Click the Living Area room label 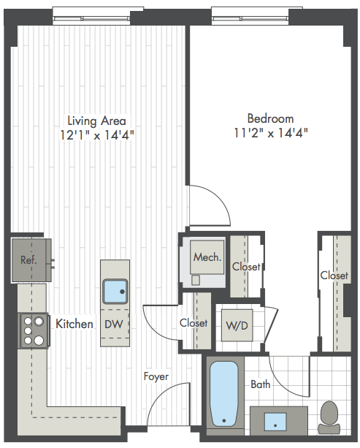tap(97, 121)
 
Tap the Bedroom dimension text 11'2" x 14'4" tap(271, 133)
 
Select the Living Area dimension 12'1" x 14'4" tap(97, 134)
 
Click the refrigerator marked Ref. tap(31, 260)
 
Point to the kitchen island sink tap(115, 292)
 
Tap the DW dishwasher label tap(114, 324)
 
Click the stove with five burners tap(34, 330)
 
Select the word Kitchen tap(74, 324)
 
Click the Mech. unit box tap(207, 257)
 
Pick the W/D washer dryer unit tap(237, 325)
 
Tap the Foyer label tap(156, 376)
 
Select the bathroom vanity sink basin tap(275, 422)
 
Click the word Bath tap(261, 384)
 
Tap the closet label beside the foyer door tap(194, 323)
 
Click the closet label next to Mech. tap(246, 267)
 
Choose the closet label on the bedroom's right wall tap(334, 276)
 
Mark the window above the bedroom tap(250, 17)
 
